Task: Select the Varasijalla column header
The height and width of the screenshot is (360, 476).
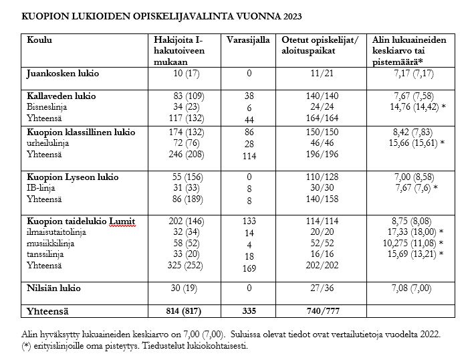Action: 249,40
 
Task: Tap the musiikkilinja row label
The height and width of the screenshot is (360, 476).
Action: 51,244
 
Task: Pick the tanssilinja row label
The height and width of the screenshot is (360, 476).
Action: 47,254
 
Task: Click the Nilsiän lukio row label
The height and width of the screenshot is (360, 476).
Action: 53,288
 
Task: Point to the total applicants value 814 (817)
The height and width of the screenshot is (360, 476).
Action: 183,311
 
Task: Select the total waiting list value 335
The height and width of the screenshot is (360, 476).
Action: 248,311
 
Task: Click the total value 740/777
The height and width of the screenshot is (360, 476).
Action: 322,311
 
